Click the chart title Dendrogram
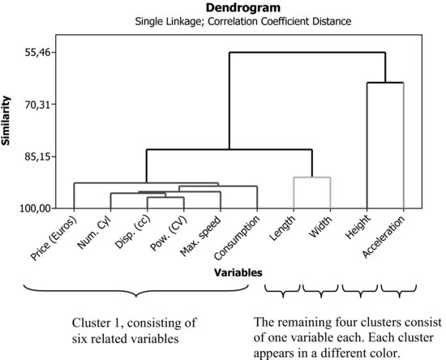click(243, 8)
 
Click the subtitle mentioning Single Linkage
click(243, 21)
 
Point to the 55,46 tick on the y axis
click(39, 53)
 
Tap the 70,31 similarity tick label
click(39, 105)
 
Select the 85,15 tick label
click(39, 156)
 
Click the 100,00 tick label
click(36, 208)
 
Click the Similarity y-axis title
click(6, 121)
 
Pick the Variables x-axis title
click(238, 272)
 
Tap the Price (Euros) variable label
click(54, 238)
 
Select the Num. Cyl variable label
click(94, 233)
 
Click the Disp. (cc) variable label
click(132, 232)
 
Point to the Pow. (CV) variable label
click(168, 234)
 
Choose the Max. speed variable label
click(201, 236)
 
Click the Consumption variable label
click(237, 238)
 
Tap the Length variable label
click(282, 228)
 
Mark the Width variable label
click(320, 227)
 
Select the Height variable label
click(358, 227)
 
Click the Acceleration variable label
click(384, 237)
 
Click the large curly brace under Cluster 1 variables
click(136, 291)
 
